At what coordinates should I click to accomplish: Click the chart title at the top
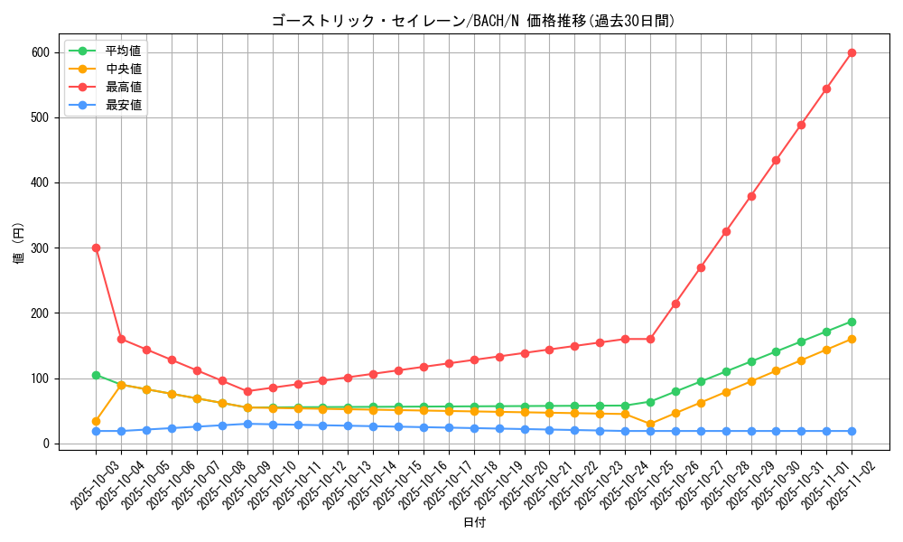click(473, 21)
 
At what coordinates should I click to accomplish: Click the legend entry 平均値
click(123, 51)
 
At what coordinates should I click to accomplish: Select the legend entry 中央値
click(123, 69)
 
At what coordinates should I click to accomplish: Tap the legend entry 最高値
click(123, 87)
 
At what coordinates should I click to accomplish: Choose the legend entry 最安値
click(123, 105)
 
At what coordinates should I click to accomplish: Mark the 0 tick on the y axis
click(44, 444)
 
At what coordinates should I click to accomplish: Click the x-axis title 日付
click(473, 523)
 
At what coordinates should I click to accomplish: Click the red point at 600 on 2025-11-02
click(852, 52)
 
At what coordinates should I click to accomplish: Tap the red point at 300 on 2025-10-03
click(96, 248)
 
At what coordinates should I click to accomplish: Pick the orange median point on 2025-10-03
click(96, 421)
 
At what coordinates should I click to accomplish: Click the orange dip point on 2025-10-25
click(650, 424)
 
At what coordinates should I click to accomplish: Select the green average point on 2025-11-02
click(852, 322)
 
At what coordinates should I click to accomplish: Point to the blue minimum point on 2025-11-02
click(852, 431)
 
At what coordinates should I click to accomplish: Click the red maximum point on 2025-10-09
click(247, 391)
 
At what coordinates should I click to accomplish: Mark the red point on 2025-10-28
click(726, 231)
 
